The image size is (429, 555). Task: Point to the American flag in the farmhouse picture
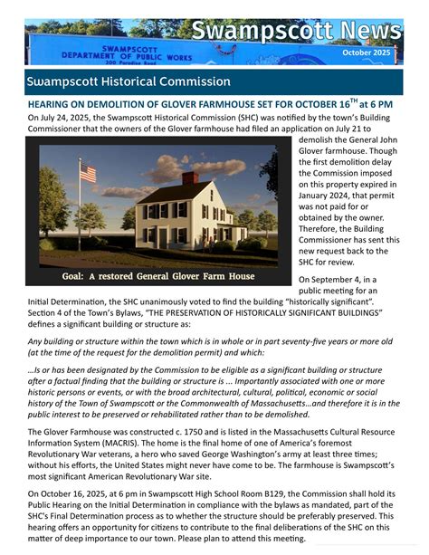point(88,171)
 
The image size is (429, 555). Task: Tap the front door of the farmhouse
point(163,237)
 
